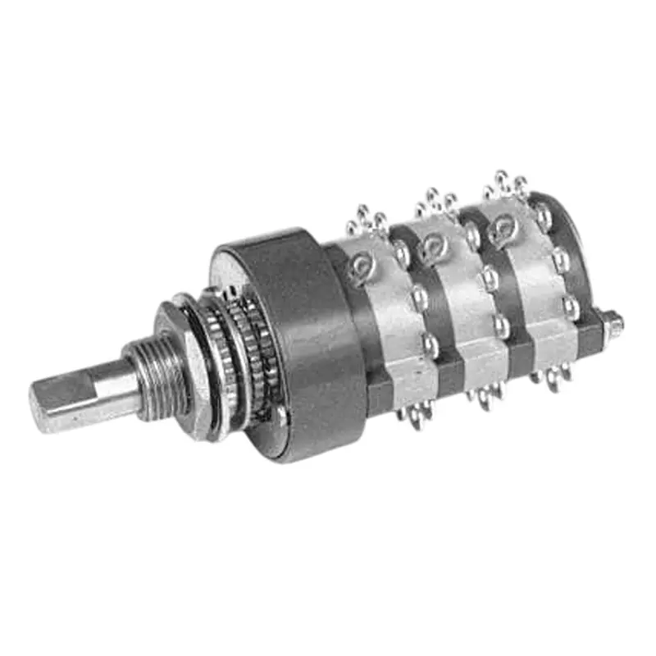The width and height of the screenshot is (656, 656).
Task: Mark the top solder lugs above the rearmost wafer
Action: [x=504, y=184]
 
